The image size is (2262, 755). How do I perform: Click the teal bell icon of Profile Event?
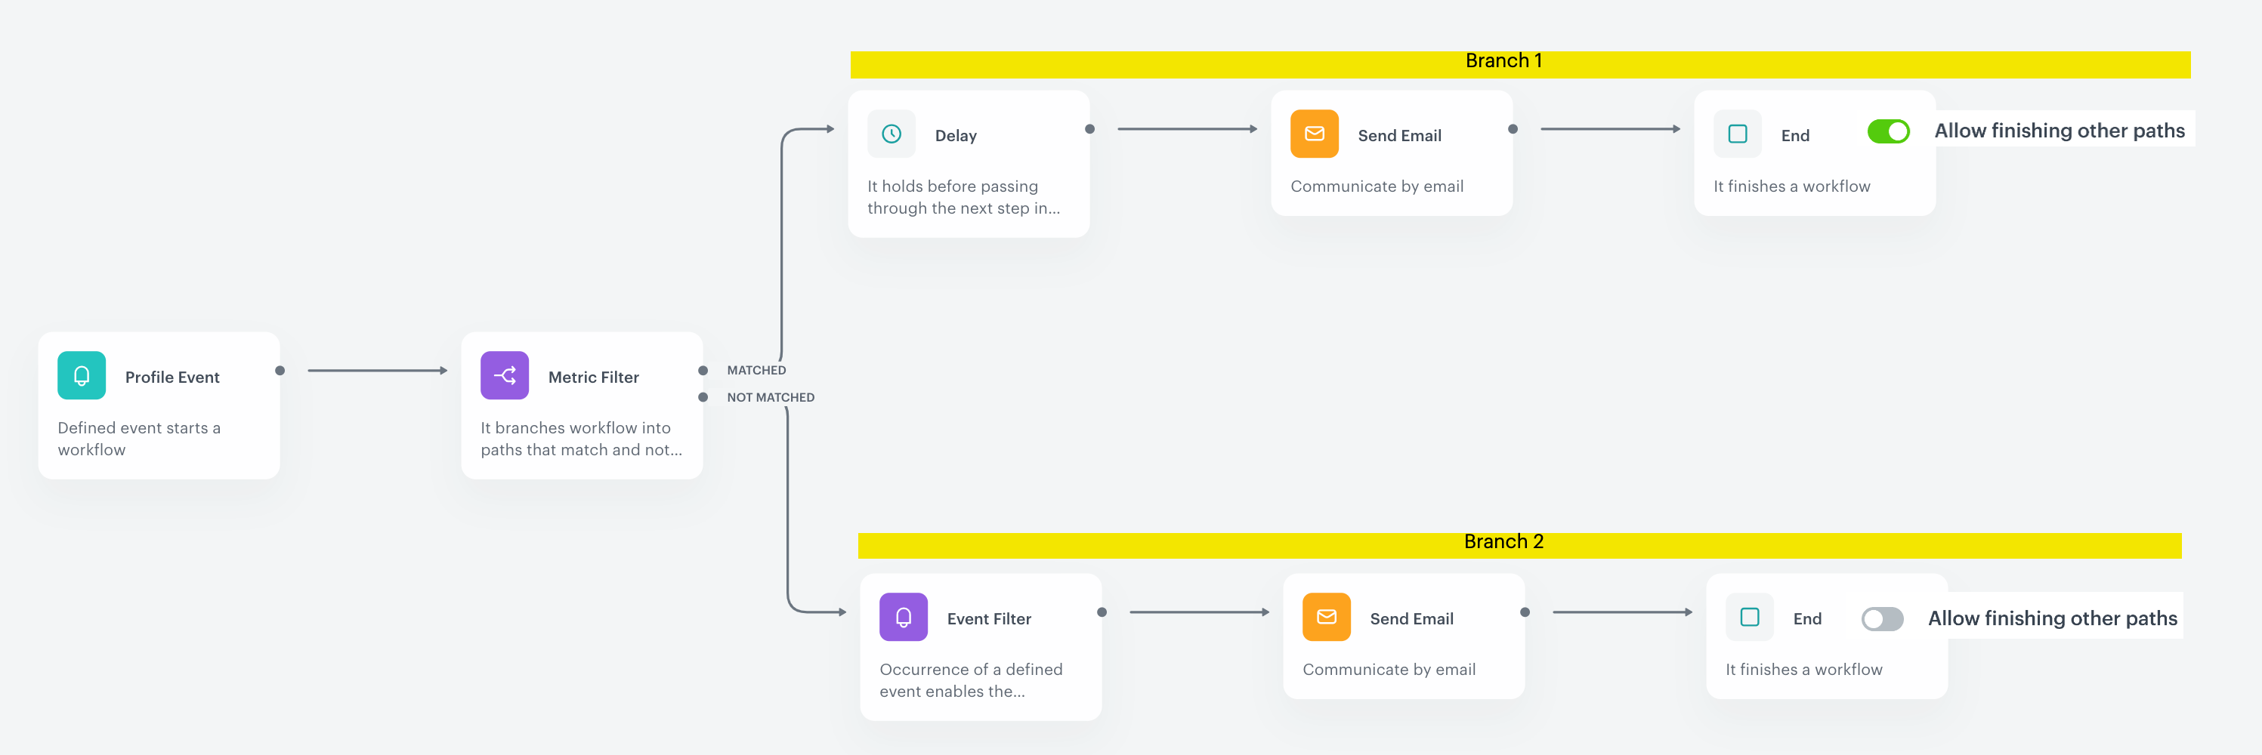pyautogui.click(x=82, y=376)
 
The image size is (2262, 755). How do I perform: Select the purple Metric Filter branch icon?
pyautogui.click(x=504, y=376)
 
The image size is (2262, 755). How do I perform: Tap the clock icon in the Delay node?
pyautogui.click(x=892, y=134)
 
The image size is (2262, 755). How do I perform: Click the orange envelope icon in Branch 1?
pyautogui.click(x=1314, y=134)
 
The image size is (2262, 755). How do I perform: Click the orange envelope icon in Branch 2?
pyautogui.click(x=1326, y=617)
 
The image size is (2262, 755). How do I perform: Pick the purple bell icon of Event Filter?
pyautogui.click(x=903, y=617)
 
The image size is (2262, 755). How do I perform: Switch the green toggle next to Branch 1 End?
pyautogui.click(x=1888, y=131)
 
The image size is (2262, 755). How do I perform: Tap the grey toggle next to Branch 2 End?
pyautogui.click(x=1882, y=619)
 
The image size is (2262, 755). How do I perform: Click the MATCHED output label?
pyautogui.click(x=756, y=371)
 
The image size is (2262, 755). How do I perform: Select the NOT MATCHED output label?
pyautogui.click(x=770, y=398)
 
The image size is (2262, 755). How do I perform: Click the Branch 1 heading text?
pyautogui.click(x=1503, y=60)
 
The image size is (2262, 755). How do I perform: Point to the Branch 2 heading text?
pyautogui.click(x=1503, y=541)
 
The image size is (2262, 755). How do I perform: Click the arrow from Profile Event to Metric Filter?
pyautogui.click(x=378, y=371)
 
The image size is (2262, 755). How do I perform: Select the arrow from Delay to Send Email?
pyautogui.click(x=1187, y=129)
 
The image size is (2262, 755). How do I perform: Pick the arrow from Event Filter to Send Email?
pyautogui.click(x=1200, y=612)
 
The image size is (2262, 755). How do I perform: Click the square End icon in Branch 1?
pyautogui.click(x=1737, y=134)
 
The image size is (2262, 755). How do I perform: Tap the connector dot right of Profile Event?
pyautogui.click(x=280, y=371)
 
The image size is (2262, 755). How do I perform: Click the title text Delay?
pyautogui.click(x=956, y=136)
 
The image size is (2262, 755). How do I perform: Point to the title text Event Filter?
pyautogui.click(x=989, y=619)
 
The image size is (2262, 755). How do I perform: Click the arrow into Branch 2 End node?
pyautogui.click(x=1623, y=612)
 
